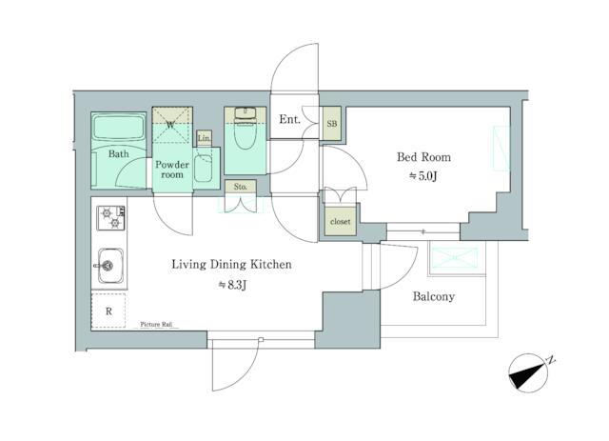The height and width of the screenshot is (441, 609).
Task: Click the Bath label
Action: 119,153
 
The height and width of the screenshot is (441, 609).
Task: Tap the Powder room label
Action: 171,169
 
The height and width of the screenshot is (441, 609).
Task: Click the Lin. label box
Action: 204,138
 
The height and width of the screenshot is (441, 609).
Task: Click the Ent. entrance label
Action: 290,120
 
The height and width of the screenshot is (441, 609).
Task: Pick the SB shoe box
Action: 331,124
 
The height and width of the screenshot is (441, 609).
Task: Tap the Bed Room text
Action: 422,157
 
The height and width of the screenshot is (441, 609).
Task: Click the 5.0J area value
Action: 422,177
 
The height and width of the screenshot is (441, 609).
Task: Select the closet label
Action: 340,222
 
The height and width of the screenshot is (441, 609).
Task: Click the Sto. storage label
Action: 240,187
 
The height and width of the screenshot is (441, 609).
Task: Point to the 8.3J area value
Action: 231,284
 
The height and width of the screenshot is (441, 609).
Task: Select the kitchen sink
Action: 109,263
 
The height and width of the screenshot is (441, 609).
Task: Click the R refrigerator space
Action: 109,310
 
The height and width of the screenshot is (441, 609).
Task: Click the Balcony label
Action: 433,296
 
